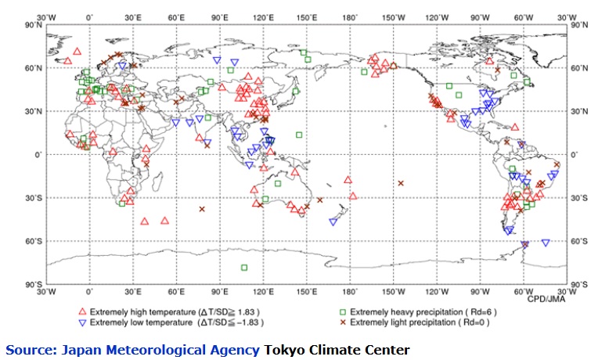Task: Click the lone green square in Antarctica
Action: (244, 268)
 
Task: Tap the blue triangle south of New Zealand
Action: (333, 222)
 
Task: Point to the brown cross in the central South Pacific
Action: (401, 183)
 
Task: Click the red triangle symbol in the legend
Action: (82, 311)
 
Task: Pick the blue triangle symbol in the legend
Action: (82, 322)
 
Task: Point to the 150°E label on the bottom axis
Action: (308, 291)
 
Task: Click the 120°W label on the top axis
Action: (438, 16)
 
